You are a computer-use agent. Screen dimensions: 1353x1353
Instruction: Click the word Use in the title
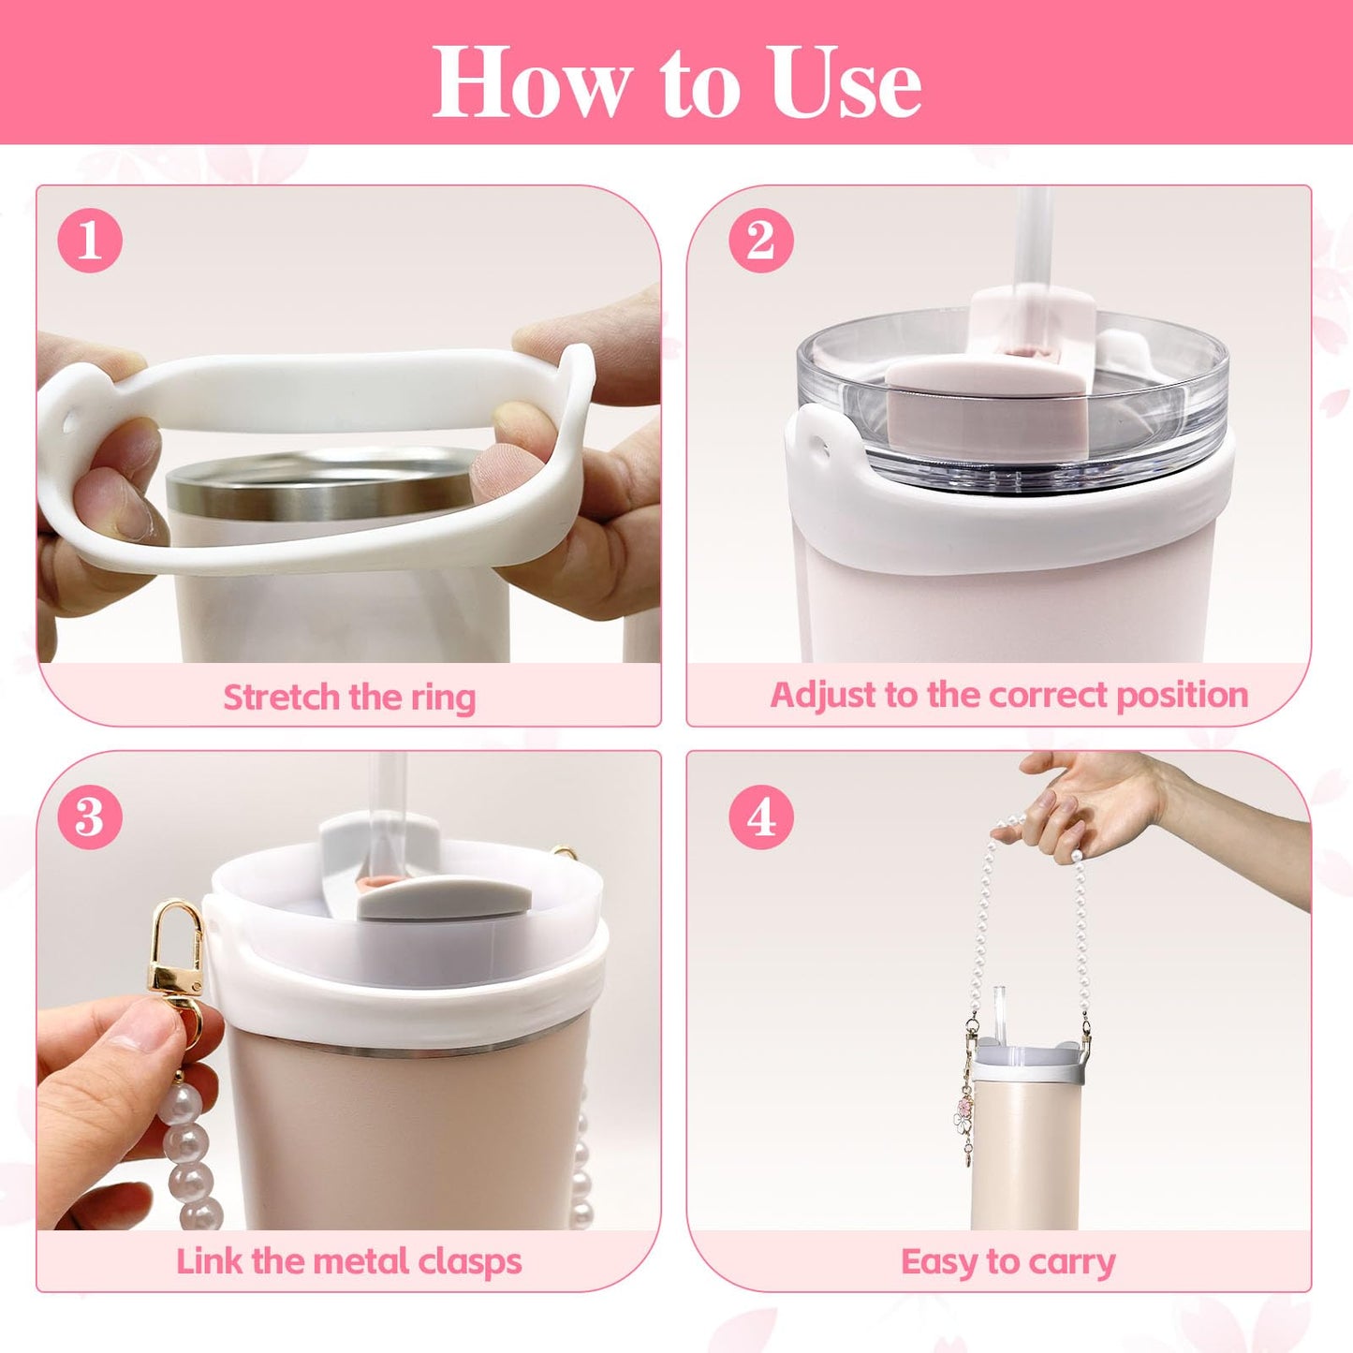846,81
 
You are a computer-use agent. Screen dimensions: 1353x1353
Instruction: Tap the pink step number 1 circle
90,242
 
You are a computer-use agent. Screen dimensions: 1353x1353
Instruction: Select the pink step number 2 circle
761,242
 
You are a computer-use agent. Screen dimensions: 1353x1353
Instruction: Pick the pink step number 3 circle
90,817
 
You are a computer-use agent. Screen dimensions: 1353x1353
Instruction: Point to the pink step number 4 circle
761,817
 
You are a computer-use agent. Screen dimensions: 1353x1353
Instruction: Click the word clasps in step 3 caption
470,1263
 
